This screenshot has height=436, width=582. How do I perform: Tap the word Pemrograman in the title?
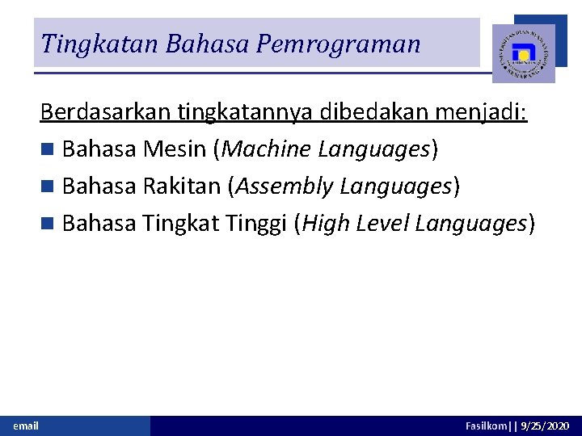339,44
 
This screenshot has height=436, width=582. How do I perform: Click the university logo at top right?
524,53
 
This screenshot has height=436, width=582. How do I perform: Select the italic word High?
322,224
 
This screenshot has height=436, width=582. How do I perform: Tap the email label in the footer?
26,426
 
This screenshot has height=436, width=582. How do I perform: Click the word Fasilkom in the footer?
487,426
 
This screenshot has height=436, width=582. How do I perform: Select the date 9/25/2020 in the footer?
546,426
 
